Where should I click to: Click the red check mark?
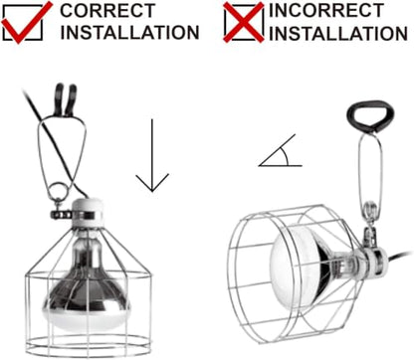(x=21, y=30)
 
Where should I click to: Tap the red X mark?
(x=244, y=22)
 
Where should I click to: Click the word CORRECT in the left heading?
(x=107, y=11)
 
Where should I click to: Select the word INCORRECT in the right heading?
(x=326, y=10)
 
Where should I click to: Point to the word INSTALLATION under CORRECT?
(x=129, y=33)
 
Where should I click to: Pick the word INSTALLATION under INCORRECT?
(x=338, y=34)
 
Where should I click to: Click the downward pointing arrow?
(x=152, y=156)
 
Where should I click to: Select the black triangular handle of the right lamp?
(x=370, y=115)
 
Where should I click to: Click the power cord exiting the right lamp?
(x=401, y=257)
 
